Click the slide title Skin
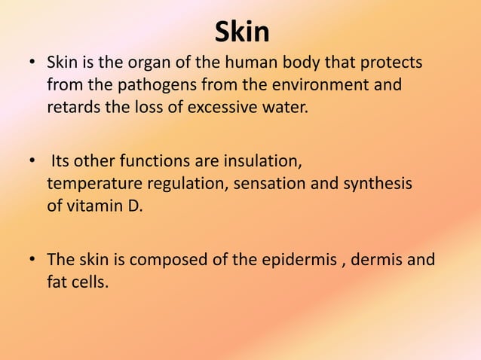click(241, 32)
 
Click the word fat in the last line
click(57, 282)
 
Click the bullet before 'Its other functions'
click(32, 161)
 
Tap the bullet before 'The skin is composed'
click(32, 261)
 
